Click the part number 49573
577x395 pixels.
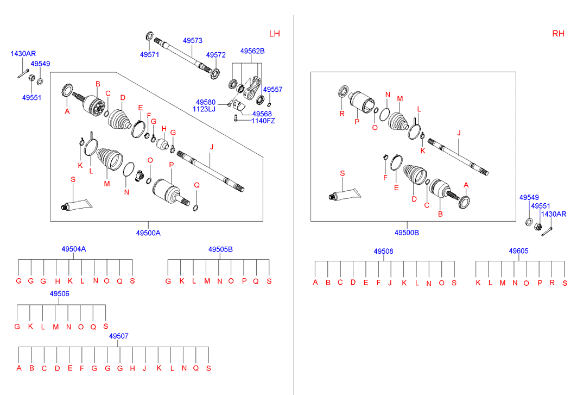click(x=193, y=41)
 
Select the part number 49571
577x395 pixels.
click(x=149, y=55)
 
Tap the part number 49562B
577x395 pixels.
click(x=252, y=51)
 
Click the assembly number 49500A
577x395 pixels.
click(x=148, y=233)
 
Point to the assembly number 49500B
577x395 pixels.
click(x=407, y=233)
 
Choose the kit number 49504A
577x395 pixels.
click(x=74, y=249)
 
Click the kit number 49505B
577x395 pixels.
click(x=220, y=249)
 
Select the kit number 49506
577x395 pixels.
click(x=59, y=294)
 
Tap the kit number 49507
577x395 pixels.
click(x=119, y=336)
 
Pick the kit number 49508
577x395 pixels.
click(x=383, y=251)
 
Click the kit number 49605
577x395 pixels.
click(x=518, y=251)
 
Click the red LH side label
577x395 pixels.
click(x=275, y=34)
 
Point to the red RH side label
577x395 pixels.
click(x=558, y=34)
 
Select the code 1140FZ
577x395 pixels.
click(x=263, y=121)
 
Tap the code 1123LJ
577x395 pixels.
click(x=204, y=109)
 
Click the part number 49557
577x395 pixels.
click(x=272, y=89)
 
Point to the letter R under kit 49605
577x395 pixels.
click(x=552, y=283)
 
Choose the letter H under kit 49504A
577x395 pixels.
click(x=57, y=281)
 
